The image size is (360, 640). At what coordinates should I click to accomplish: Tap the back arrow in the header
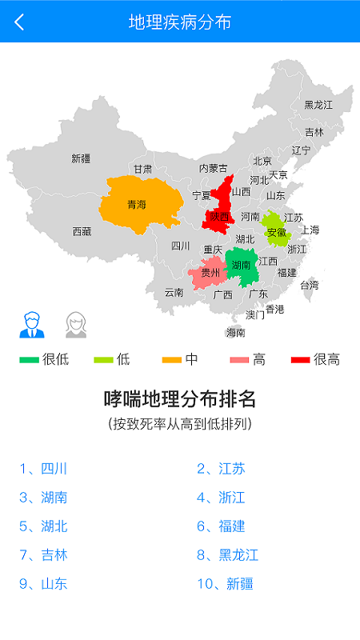[19, 22]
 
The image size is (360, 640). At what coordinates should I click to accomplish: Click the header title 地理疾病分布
[180, 22]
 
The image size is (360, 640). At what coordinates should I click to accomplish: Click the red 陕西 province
[218, 214]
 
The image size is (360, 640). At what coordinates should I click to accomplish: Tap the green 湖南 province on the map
[242, 266]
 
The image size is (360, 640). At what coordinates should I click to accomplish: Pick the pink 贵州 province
[209, 273]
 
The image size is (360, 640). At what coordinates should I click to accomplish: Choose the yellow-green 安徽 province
[276, 231]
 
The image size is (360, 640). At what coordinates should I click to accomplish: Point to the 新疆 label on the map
[81, 158]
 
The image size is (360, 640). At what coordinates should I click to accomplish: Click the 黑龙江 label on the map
[318, 105]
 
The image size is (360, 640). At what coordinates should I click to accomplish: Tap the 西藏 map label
[82, 231]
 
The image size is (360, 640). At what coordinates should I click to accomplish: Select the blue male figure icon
[32, 324]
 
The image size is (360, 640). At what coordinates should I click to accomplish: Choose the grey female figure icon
[76, 324]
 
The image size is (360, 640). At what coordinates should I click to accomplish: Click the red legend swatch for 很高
[301, 360]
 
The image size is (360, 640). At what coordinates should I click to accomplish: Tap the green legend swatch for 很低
[30, 360]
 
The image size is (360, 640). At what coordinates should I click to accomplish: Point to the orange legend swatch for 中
[172, 360]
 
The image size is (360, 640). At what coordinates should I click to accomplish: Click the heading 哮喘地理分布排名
[180, 398]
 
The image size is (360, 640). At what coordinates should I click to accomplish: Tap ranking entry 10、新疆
[225, 584]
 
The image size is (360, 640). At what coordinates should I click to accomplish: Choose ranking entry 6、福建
[221, 526]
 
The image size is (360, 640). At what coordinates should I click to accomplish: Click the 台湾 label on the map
[309, 284]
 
